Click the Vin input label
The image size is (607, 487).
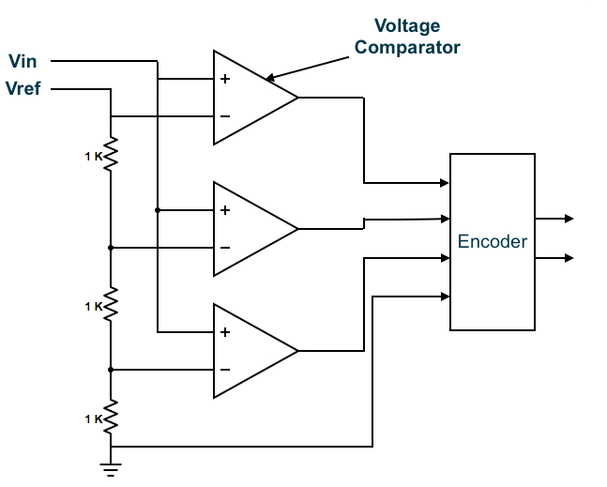pos(23,63)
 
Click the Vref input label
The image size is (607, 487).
pos(25,90)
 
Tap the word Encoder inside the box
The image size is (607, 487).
pos(493,242)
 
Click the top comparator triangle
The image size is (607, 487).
pos(250,98)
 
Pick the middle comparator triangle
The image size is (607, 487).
pos(250,228)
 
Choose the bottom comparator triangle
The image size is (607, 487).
pos(250,351)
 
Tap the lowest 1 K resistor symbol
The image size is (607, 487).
pos(111,416)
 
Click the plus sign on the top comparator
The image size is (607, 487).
pos(225,79)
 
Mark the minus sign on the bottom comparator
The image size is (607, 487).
pos(225,370)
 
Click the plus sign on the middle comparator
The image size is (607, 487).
pos(225,210)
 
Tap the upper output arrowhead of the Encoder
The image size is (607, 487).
pos(567,219)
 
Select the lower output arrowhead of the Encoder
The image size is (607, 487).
pos(567,258)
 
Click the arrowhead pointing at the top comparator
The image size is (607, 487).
pos(270,78)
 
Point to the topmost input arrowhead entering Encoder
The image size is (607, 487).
pos(444,182)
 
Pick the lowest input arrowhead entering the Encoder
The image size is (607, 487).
pos(444,297)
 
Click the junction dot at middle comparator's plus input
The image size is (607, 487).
pos(158,210)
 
